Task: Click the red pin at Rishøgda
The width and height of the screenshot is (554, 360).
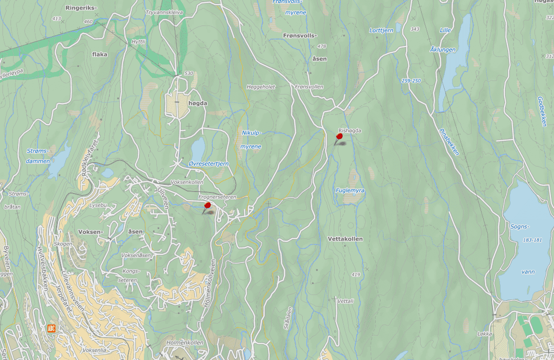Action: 339,136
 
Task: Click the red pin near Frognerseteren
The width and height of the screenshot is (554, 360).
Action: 207,205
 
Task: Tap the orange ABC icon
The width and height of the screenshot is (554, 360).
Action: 51,328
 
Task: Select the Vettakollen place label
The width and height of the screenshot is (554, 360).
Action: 345,239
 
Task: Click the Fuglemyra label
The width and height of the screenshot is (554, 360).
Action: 350,190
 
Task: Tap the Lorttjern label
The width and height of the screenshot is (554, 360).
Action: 381,30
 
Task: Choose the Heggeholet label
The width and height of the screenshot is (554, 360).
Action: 261,86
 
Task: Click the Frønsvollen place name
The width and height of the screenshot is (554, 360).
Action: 309,86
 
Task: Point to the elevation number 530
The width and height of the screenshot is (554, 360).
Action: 188,73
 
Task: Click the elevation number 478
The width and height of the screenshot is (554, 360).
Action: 321,46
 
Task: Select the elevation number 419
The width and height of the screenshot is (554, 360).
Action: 356,274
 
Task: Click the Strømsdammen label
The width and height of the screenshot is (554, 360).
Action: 38,156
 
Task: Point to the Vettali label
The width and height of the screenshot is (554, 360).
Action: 346,301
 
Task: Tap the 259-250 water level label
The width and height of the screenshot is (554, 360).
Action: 411,80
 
